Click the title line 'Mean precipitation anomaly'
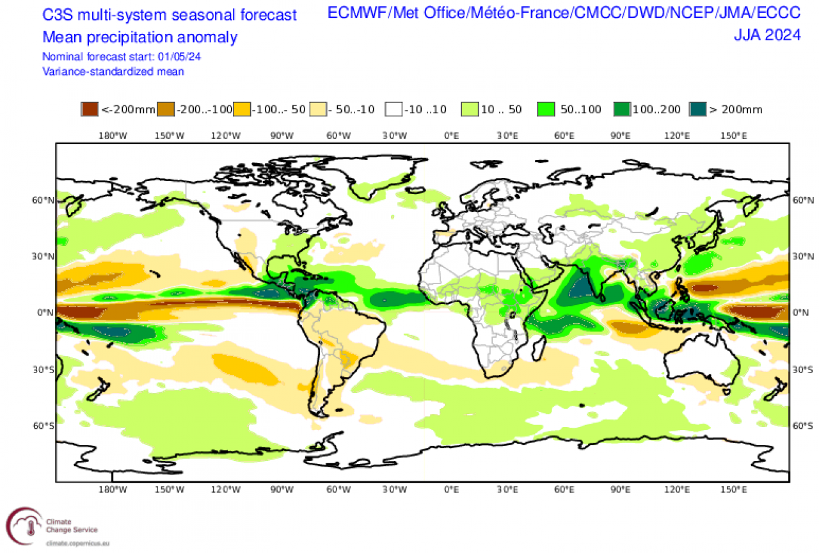[x=139, y=37]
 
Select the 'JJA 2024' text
[x=767, y=35]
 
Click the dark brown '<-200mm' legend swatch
[x=90, y=109]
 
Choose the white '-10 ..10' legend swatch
[x=393, y=109]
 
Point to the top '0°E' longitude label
[x=451, y=135]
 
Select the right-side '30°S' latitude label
[x=802, y=369]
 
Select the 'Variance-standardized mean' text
[x=113, y=71]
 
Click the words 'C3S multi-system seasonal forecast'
[x=169, y=15]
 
